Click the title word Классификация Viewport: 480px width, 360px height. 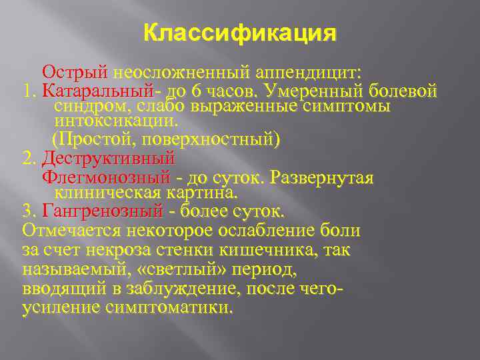[240, 33]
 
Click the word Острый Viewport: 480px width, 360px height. [76, 71]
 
